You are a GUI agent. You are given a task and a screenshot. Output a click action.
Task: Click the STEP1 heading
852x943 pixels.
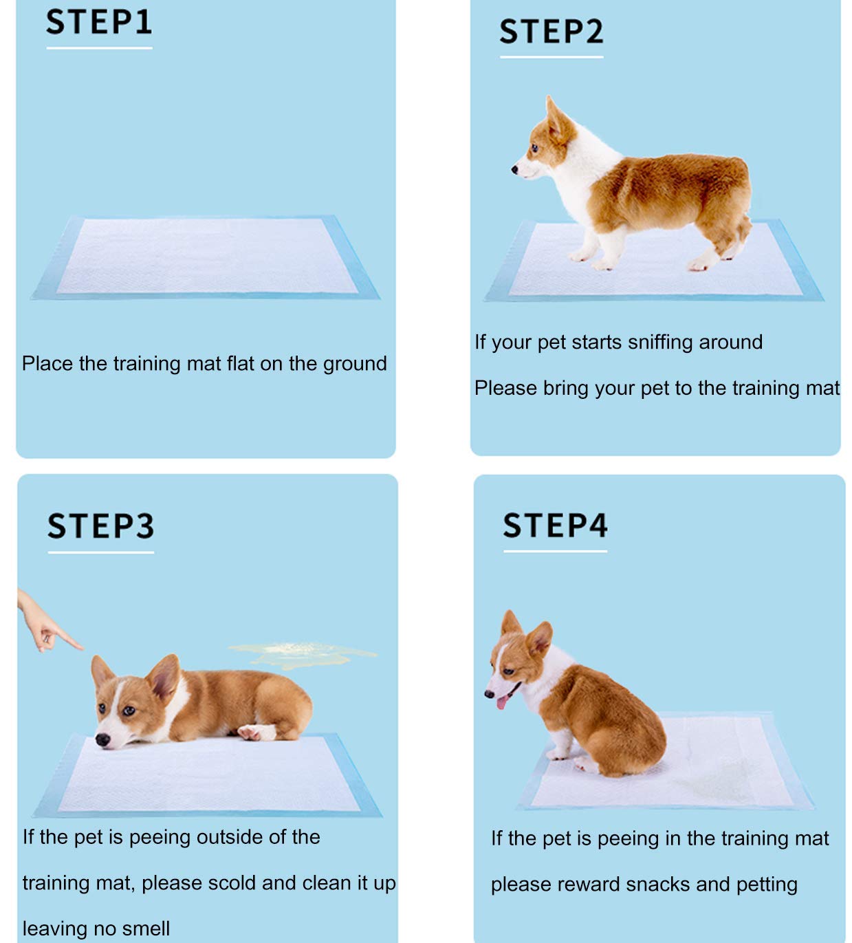(x=99, y=22)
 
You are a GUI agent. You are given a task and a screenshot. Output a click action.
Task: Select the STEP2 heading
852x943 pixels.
(x=551, y=32)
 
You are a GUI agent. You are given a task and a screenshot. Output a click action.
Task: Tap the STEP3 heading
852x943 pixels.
(x=100, y=526)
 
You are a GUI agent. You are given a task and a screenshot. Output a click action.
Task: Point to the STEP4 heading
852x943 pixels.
(x=555, y=525)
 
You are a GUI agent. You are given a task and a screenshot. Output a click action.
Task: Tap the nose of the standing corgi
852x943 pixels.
(x=514, y=169)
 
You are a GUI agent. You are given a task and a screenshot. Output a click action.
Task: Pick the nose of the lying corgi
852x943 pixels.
(x=102, y=740)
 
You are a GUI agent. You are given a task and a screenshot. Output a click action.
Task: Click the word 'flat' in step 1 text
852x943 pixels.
(x=241, y=363)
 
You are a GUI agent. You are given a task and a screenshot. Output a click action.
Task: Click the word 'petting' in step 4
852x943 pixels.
(x=766, y=885)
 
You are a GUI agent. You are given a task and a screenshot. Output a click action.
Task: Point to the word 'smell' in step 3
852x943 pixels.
(x=146, y=929)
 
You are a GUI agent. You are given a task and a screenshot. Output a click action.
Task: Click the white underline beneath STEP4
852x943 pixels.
(x=555, y=551)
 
